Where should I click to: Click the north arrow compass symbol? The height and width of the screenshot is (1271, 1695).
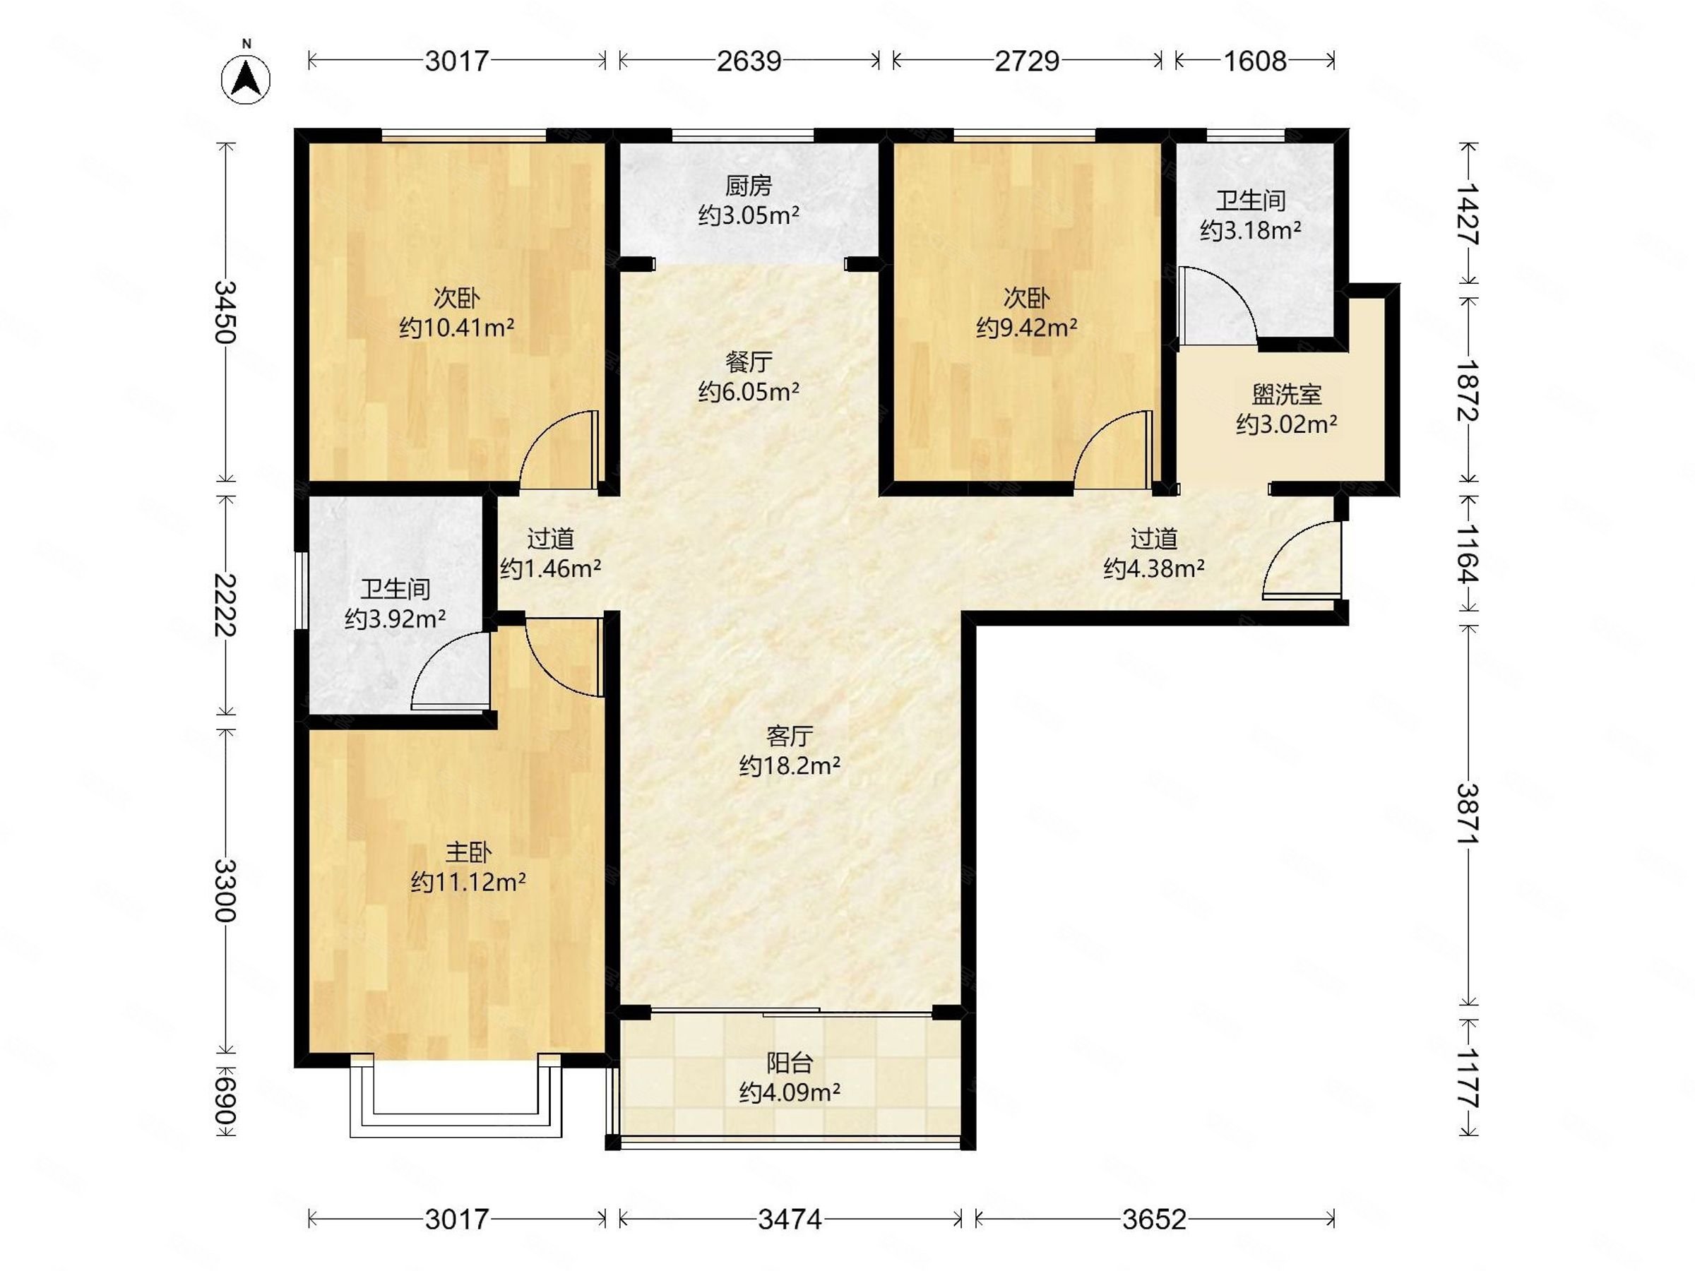pos(246,78)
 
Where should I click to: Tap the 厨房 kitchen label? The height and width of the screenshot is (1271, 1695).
pos(749,186)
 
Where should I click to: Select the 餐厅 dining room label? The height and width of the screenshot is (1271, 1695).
pos(749,362)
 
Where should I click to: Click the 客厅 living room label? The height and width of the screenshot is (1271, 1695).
pos(790,736)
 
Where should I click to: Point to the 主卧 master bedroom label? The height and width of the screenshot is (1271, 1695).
pos(468,852)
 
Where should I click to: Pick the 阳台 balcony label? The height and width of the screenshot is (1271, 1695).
pos(790,1063)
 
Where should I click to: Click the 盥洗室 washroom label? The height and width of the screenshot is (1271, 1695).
pos(1287,395)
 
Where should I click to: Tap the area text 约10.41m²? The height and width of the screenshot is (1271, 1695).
pos(457,328)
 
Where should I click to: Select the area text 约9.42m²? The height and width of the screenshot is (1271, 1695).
pos(1027,328)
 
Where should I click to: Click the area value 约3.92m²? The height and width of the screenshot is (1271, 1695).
pos(395,619)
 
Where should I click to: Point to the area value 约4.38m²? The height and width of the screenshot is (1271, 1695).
pos(1154,568)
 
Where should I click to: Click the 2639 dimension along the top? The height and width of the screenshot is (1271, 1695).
pos(749,61)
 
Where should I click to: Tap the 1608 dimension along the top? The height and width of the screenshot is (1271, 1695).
pos(1254,61)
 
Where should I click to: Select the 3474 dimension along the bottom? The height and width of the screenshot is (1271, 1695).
pos(790,1219)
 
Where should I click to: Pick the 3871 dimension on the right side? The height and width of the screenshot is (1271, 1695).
pos(1468,813)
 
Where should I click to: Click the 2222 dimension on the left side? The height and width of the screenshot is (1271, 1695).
pos(225,604)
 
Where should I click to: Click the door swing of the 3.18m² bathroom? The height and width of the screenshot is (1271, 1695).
pos(1218,305)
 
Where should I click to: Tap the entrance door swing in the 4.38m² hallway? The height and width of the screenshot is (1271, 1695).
pos(1301,559)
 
